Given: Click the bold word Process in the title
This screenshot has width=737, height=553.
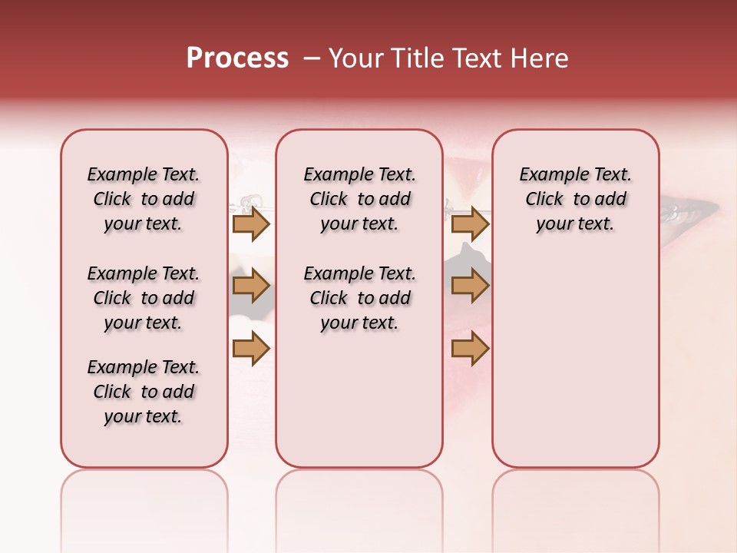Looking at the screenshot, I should pyautogui.click(x=237, y=58).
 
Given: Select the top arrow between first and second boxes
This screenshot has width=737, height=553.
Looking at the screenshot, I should pyautogui.click(x=251, y=224).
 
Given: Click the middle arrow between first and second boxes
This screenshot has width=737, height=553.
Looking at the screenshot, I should pyautogui.click(x=251, y=286).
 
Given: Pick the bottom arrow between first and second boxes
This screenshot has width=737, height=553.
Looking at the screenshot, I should pyautogui.click(x=251, y=349).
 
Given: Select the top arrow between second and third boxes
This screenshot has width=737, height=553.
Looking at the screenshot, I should pyautogui.click(x=470, y=224).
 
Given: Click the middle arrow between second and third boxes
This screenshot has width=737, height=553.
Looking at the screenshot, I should pyautogui.click(x=470, y=286).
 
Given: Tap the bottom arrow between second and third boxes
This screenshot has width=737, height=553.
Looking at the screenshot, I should pyautogui.click(x=470, y=349).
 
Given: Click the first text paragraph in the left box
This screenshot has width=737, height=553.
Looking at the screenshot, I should pyautogui.click(x=144, y=199).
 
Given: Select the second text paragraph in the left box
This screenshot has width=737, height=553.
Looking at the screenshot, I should pyautogui.click(x=144, y=298).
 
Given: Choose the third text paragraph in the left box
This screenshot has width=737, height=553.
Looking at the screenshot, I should pyautogui.click(x=144, y=392).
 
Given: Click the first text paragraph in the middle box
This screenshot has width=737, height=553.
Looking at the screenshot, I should pyautogui.click(x=359, y=199).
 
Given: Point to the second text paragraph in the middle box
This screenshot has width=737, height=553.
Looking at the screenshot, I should pyautogui.click(x=359, y=298).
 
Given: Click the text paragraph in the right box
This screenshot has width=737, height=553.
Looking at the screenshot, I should pyautogui.click(x=575, y=199).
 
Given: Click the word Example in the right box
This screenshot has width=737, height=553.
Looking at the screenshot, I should pyautogui.click(x=548, y=174).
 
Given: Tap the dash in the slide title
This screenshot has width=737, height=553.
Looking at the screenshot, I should pyautogui.click(x=312, y=58).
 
